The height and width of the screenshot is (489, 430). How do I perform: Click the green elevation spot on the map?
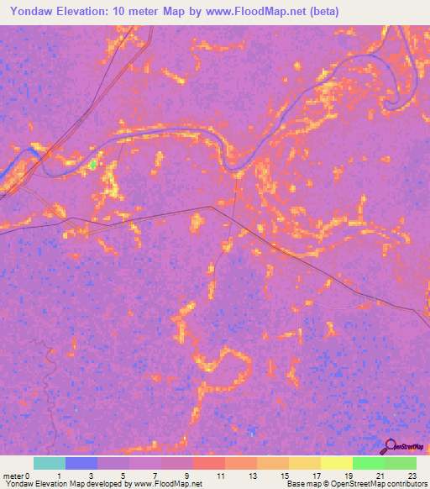click(x=92, y=166)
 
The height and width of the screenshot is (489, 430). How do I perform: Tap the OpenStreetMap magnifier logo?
click(x=389, y=444)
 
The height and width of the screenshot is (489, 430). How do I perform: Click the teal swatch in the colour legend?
click(x=50, y=463)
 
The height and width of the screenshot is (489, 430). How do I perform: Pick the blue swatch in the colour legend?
click(x=81, y=463)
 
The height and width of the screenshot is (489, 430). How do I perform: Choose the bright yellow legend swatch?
click(x=337, y=463)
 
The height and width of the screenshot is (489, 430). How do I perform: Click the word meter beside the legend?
click(x=13, y=476)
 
